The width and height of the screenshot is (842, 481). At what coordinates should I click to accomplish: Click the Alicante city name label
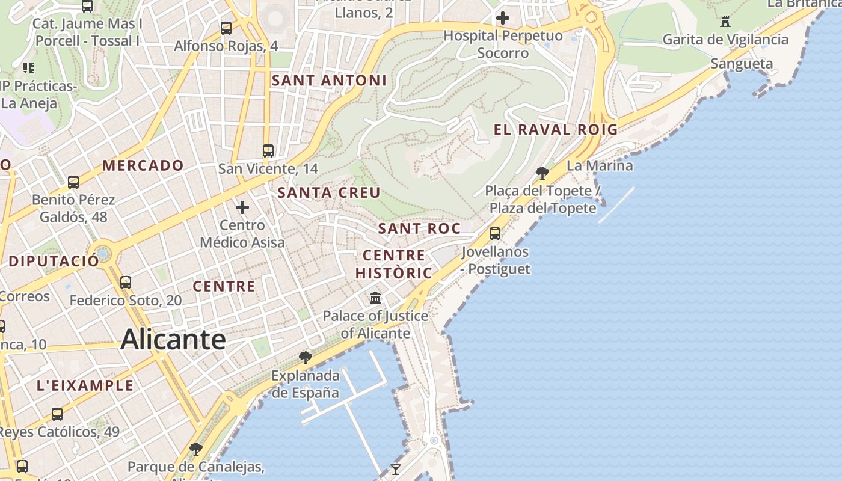pos(173,340)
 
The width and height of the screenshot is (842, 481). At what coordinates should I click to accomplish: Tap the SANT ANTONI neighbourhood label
pos(329,81)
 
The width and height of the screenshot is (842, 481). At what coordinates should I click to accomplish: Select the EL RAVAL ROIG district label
pos(556,129)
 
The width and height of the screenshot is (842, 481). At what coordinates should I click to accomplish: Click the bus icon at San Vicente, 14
pos(268,151)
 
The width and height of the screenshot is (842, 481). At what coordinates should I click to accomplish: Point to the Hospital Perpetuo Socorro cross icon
pos(503,18)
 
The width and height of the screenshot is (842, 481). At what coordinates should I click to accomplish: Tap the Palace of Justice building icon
pos(375,298)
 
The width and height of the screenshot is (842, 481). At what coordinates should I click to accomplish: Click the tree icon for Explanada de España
pos(306,358)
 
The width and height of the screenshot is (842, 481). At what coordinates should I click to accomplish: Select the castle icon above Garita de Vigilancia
pos(725,22)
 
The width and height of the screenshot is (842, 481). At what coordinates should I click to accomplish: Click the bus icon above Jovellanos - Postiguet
pos(495,234)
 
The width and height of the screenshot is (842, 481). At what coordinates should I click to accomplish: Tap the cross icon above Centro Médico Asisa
pos(242,207)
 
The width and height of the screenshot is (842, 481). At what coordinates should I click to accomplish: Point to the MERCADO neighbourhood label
pos(143,165)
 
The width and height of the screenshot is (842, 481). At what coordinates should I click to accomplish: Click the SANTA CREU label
pos(329,193)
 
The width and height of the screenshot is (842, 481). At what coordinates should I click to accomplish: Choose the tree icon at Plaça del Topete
pos(542,173)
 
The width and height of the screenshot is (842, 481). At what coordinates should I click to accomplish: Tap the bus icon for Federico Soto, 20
pos(126,282)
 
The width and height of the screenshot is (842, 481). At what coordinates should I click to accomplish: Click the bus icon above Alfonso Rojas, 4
pos(226,28)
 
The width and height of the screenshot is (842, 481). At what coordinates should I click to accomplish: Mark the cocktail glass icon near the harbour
pos(395,469)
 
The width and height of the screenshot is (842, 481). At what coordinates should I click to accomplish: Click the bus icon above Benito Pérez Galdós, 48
pos(73,182)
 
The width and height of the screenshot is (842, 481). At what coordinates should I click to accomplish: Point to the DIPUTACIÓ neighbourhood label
pos(54,262)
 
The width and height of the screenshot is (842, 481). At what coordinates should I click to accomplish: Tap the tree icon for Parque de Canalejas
pos(195,449)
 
